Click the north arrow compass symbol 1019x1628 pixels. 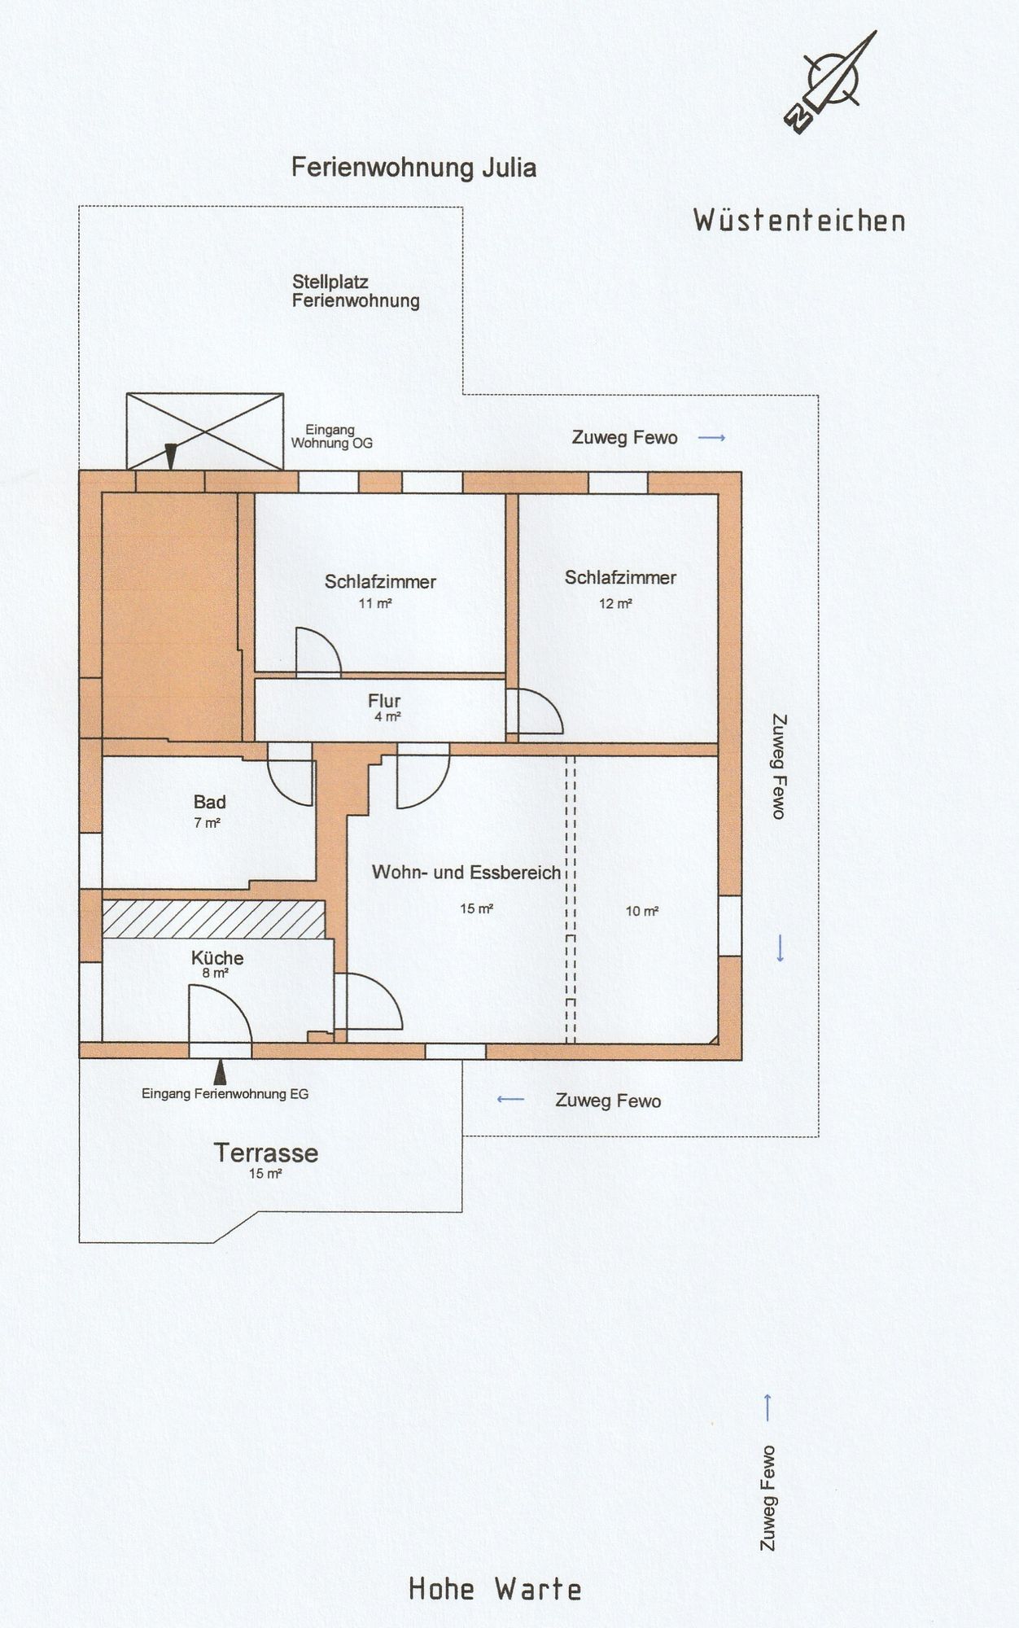pos(831,82)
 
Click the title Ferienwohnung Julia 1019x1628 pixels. pos(413,168)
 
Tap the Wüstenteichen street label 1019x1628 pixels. pos(799,220)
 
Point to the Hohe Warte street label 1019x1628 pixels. pos(495,1588)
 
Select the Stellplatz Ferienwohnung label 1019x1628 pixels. pos(356,291)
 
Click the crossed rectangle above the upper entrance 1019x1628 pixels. pos(205,431)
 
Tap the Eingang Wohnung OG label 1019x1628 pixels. pos(331,436)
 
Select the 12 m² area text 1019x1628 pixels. pos(616,603)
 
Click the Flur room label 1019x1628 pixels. pos(384,700)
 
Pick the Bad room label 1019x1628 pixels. pos(209,802)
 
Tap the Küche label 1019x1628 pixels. pos(217,958)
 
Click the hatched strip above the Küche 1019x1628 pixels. pos(213,919)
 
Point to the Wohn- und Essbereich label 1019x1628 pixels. pos(466,873)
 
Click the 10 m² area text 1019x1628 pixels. pos(641,911)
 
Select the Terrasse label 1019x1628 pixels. pos(266,1153)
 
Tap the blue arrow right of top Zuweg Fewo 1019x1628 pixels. pos(712,438)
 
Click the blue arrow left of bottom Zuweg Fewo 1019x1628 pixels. pos(510,1100)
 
